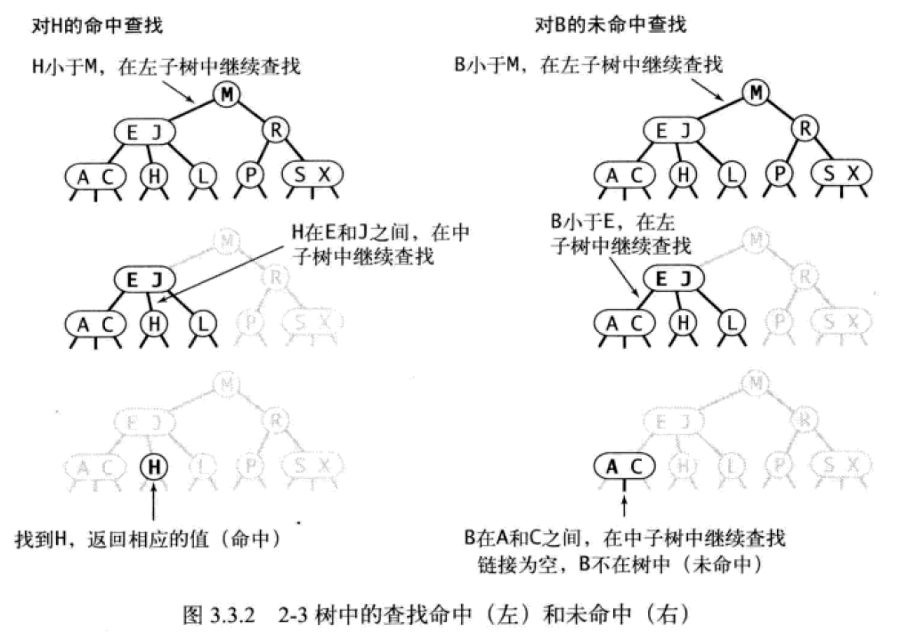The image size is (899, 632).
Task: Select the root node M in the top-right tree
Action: [x=756, y=92]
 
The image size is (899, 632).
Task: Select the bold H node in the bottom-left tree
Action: [x=155, y=466]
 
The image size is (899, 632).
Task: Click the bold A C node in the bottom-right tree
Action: [x=623, y=466]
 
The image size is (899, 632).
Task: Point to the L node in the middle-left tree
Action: [x=203, y=322]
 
